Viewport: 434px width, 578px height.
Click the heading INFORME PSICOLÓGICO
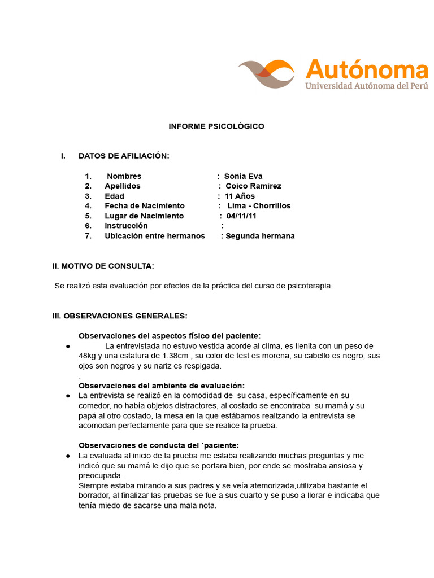216,126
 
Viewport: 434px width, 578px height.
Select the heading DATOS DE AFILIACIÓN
124,156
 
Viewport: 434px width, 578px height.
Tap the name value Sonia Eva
244,176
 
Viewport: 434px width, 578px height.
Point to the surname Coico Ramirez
253,186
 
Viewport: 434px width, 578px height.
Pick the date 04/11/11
241,216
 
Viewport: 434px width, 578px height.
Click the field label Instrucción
126,226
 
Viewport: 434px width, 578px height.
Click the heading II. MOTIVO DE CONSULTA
103,266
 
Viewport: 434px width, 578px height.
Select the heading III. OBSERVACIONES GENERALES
120,316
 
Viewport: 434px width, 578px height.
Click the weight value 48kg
88,356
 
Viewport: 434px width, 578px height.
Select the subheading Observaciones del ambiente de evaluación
162,386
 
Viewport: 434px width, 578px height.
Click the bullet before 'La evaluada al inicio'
68,456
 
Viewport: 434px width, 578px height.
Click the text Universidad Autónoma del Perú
366,86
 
